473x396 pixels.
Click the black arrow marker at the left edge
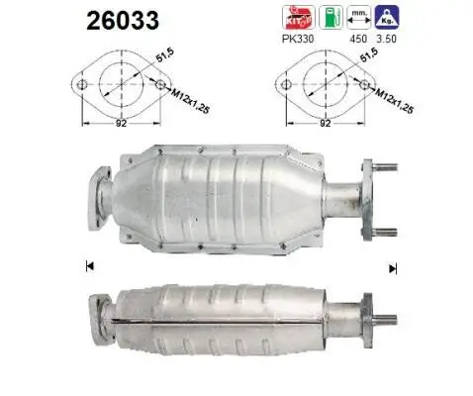tap(90, 266)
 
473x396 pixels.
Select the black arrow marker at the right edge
tap(392, 267)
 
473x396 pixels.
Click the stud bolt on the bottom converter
tap(384, 318)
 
